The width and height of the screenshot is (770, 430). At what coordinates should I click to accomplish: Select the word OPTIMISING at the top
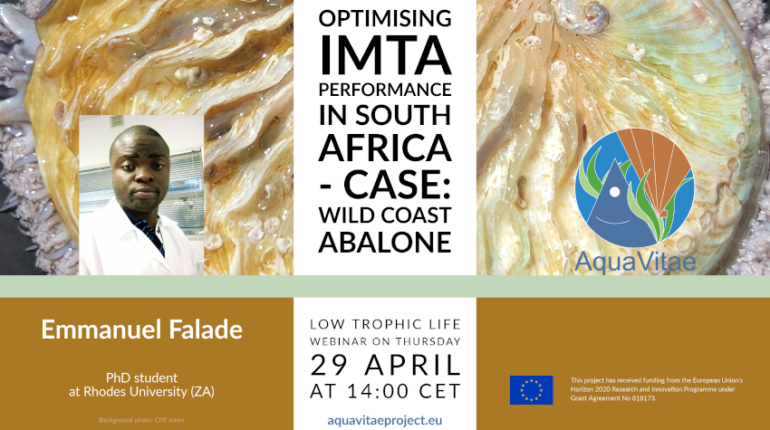click(385, 18)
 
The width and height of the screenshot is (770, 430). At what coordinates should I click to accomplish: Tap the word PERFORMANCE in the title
click(385, 91)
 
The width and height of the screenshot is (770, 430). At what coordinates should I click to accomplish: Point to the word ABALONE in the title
click(385, 242)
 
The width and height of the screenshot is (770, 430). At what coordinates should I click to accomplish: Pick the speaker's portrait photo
click(141, 195)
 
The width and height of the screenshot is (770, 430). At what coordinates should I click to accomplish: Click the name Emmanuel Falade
click(141, 329)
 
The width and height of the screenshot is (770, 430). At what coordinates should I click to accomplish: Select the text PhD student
click(141, 377)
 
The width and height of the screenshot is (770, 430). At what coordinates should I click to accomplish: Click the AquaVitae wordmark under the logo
click(634, 262)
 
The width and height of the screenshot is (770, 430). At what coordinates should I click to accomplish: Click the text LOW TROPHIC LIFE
click(385, 323)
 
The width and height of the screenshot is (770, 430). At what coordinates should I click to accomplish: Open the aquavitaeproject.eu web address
click(385, 420)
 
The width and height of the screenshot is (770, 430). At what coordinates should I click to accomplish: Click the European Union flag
click(531, 390)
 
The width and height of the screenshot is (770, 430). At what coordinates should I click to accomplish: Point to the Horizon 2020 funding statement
click(657, 389)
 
